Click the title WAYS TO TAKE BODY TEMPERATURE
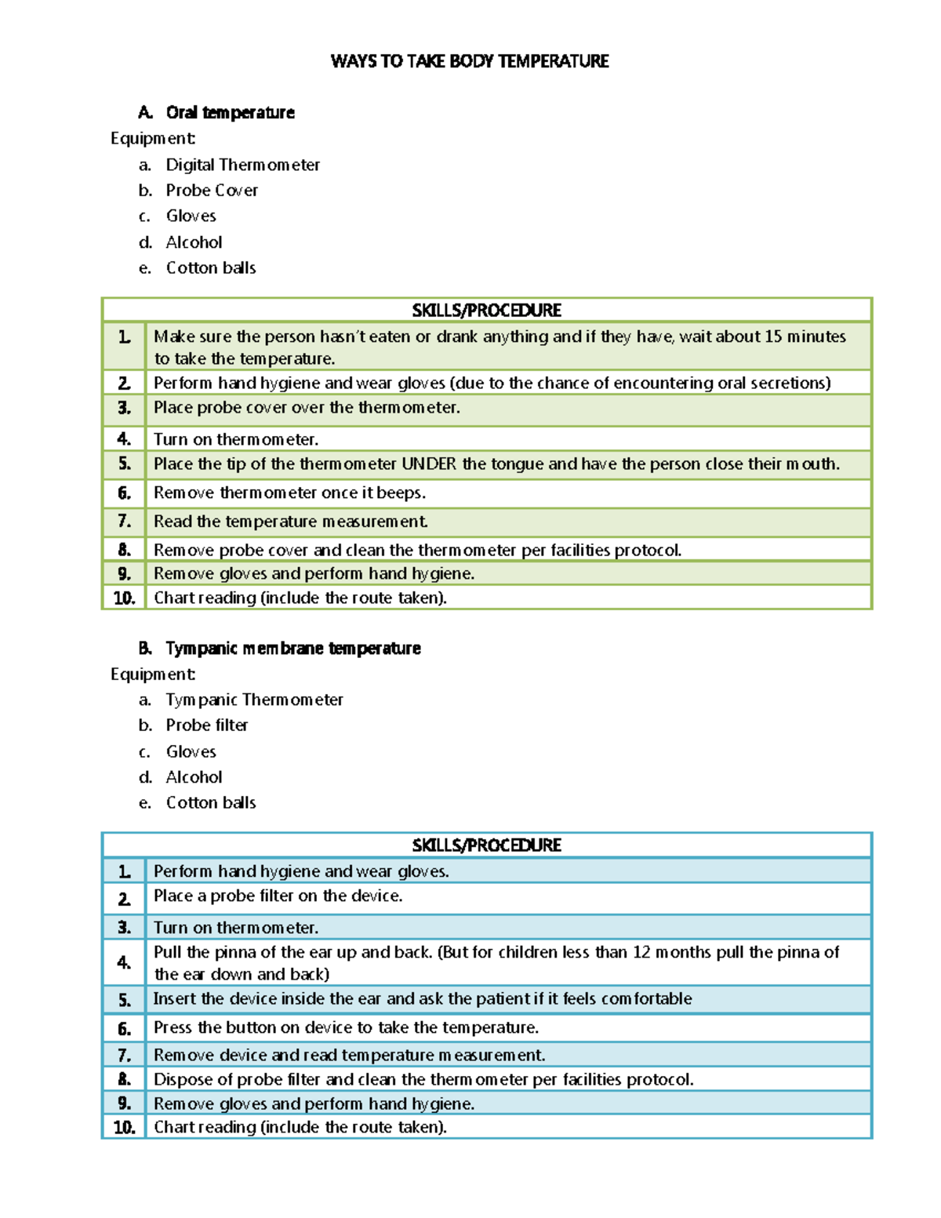(x=470, y=61)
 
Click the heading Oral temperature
(x=230, y=112)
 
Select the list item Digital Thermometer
(x=242, y=165)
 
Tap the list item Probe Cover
(x=212, y=191)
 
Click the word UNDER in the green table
(x=428, y=464)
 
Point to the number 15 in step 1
(x=773, y=336)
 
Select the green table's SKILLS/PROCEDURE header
(x=486, y=310)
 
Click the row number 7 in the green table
(x=124, y=522)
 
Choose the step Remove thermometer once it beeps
(x=289, y=493)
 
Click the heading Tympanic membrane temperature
(x=292, y=648)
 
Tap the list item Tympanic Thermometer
(x=254, y=700)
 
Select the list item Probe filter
(x=207, y=725)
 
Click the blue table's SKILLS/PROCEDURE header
(x=486, y=845)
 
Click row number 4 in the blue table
(x=124, y=962)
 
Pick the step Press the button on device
(x=345, y=1027)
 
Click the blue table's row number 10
(x=124, y=1127)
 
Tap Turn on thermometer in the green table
(x=235, y=439)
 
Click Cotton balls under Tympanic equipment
(x=211, y=803)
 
